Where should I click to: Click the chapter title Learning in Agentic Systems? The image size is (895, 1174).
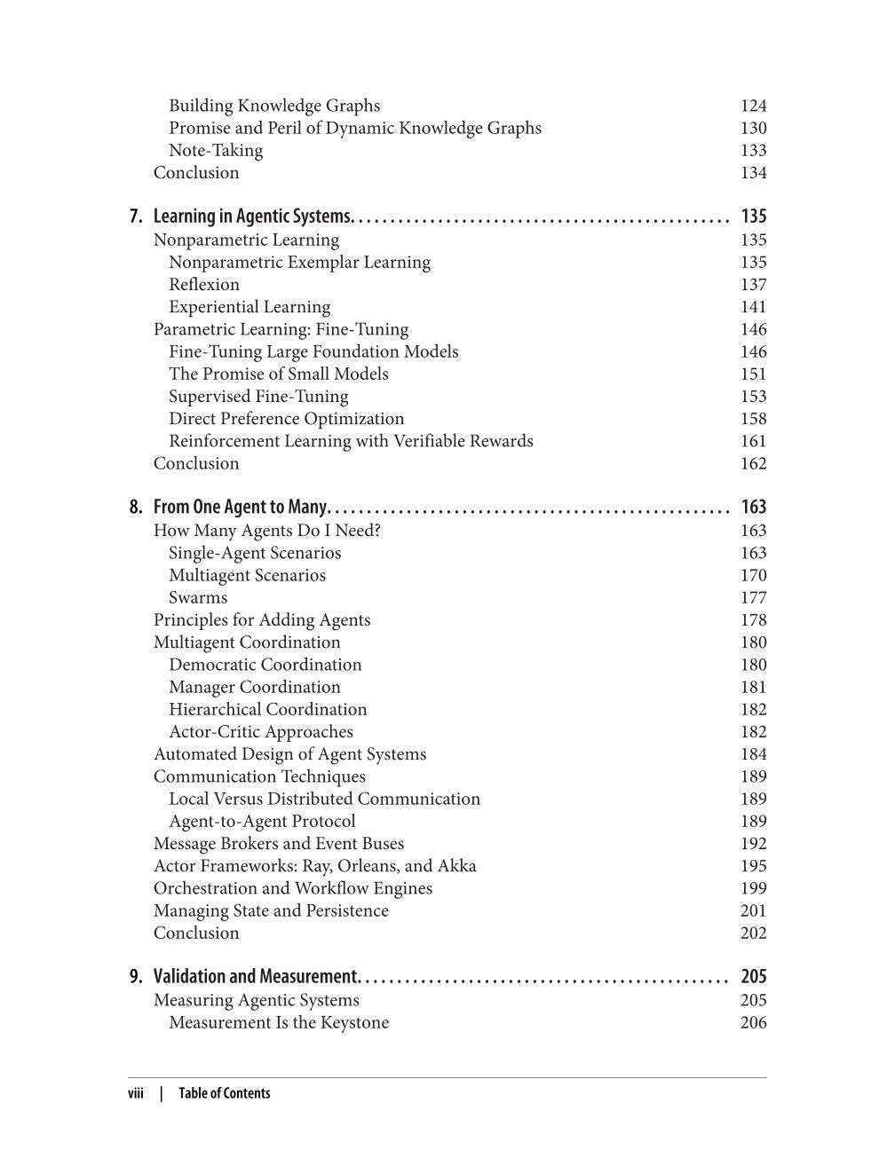pos(254,217)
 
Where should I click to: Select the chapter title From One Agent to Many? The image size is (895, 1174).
pos(242,508)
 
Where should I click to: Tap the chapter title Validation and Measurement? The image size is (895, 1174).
pos(256,977)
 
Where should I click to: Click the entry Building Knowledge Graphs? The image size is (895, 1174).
pos(274,106)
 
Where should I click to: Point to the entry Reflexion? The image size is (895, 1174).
pos(204,285)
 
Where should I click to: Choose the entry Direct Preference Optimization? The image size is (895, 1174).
pos(286,419)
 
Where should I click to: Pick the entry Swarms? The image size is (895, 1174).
pos(198,598)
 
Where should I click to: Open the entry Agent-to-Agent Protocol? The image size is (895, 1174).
pos(262,822)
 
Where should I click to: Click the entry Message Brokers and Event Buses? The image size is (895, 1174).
pos(279,844)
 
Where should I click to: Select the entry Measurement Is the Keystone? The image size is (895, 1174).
pos(279,1023)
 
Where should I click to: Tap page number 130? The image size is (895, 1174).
pos(753,129)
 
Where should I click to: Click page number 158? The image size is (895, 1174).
pos(753,419)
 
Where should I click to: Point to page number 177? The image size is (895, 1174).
pos(753,598)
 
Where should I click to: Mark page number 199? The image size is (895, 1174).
pos(753,888)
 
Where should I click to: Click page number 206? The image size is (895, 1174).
pos(753,1023)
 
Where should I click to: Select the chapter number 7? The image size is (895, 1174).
pos(135,217)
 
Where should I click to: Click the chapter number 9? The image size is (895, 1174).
pos(135,977)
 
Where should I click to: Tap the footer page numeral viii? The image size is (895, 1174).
pos(136,1094)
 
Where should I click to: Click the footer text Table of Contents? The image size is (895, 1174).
pos(224,1094)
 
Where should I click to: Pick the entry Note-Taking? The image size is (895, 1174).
pos(216,151)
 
